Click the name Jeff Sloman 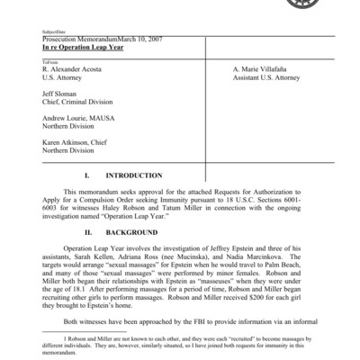click(61, 93)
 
